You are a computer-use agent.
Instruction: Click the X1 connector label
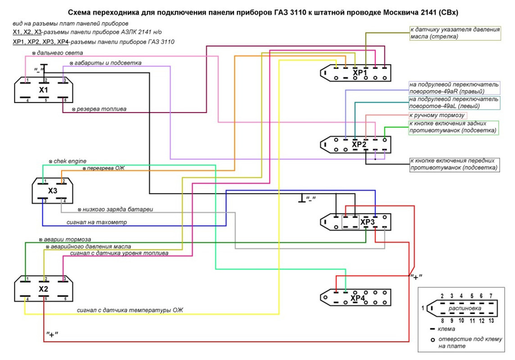(43, 90)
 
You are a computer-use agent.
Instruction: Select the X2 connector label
(43, 289)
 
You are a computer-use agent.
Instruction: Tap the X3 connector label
(53, 191)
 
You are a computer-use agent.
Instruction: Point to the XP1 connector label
(360, 73)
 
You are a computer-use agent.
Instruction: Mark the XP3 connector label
(367, 222)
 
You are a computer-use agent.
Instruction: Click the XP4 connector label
(358, 298)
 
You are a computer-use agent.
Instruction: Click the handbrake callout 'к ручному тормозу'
(436, 116)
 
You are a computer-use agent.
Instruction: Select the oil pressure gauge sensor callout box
(455, 33)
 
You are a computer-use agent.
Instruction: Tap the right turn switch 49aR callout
(454, 88)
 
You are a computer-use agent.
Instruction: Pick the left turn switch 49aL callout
(454, 103)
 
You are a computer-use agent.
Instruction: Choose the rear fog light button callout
(454, 127)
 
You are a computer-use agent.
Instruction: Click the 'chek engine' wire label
(70, 161)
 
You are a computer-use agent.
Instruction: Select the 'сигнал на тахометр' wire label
(97, 222)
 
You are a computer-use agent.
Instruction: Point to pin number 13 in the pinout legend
(491, 320)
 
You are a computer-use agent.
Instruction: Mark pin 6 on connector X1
(65, 100)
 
